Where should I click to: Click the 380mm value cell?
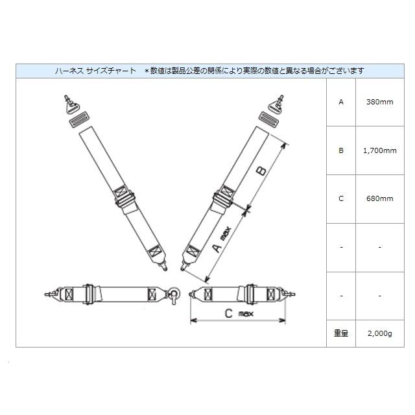coord(379,102)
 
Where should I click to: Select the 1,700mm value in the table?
coord(379,150)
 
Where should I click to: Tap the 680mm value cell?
coord(379,199)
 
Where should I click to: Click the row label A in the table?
coord(341,102)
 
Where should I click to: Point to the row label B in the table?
coord(341,150)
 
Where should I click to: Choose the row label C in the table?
coord(341,199)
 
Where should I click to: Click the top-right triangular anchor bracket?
coord(273,104)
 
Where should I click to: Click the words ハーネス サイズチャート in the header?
coord(96,71)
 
